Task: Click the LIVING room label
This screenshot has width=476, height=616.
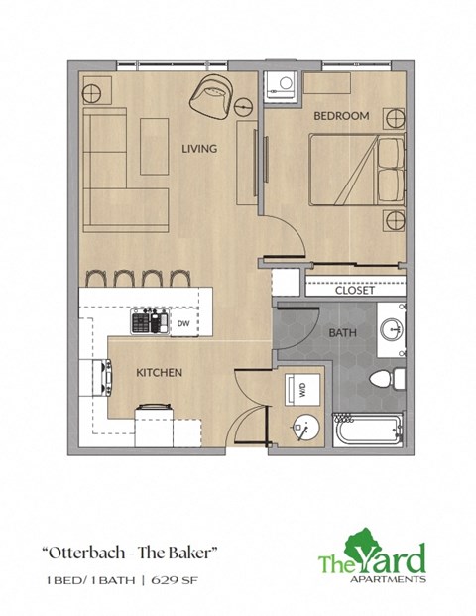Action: click(x=199, y=149)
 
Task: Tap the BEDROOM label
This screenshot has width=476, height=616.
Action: click(x=341, y=116)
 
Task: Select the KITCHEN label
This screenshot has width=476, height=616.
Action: click(x=159, y=373)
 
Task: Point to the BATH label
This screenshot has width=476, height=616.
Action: click(x=342, y=333)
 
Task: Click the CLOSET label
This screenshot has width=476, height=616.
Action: click(x=354, y=291)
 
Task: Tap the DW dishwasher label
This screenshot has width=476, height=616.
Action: click(x=183, y=323)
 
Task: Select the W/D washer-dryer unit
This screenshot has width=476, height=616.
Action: click(x=301, y=390)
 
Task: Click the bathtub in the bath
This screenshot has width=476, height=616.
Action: click(x=368, y=431)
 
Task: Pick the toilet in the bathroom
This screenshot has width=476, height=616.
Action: click(x=386, y=378)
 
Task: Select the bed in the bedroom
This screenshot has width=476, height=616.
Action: click(x=356, y=170)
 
